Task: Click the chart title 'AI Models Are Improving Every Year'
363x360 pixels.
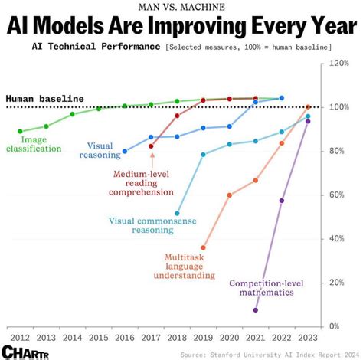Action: (x=181, y=26)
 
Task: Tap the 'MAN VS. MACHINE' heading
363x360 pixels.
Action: (x=181, y=7)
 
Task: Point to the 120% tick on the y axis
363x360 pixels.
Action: (x=338, y=64)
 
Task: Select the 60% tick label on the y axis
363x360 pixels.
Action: (x=338, y=195)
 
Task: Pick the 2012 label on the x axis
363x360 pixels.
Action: (x=20, y=337)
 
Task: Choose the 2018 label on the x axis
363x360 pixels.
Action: (x=177, y=337)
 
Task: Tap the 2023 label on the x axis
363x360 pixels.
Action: (x=308, y=337)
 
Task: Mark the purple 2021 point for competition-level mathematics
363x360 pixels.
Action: (x=256, y=310)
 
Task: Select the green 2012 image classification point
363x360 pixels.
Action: (x=20, y=131)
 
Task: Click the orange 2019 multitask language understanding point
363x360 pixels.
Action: (x=203, y=247)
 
